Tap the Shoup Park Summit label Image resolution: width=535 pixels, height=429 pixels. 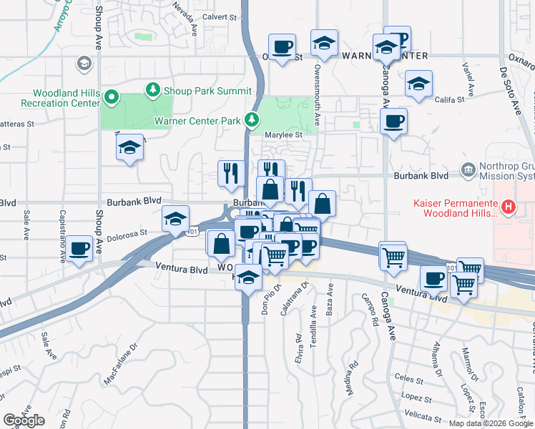pyautogui.click(x=207, y=91)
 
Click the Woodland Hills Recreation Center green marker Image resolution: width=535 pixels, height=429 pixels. pyautogui.click(x=111, y=96)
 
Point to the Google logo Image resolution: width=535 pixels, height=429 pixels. pyautogui.click(x=24, y=420)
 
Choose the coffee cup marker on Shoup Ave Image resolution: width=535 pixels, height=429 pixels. pyautogui.click(x=80, y=247)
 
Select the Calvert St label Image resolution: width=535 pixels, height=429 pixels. pyautogui.click(x=219, y=16)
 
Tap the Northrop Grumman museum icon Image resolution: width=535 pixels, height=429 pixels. pyautogui.click(x=468, y=169)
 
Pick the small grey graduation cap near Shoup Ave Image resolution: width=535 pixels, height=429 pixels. pyautogui.click(x=84, y=64)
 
